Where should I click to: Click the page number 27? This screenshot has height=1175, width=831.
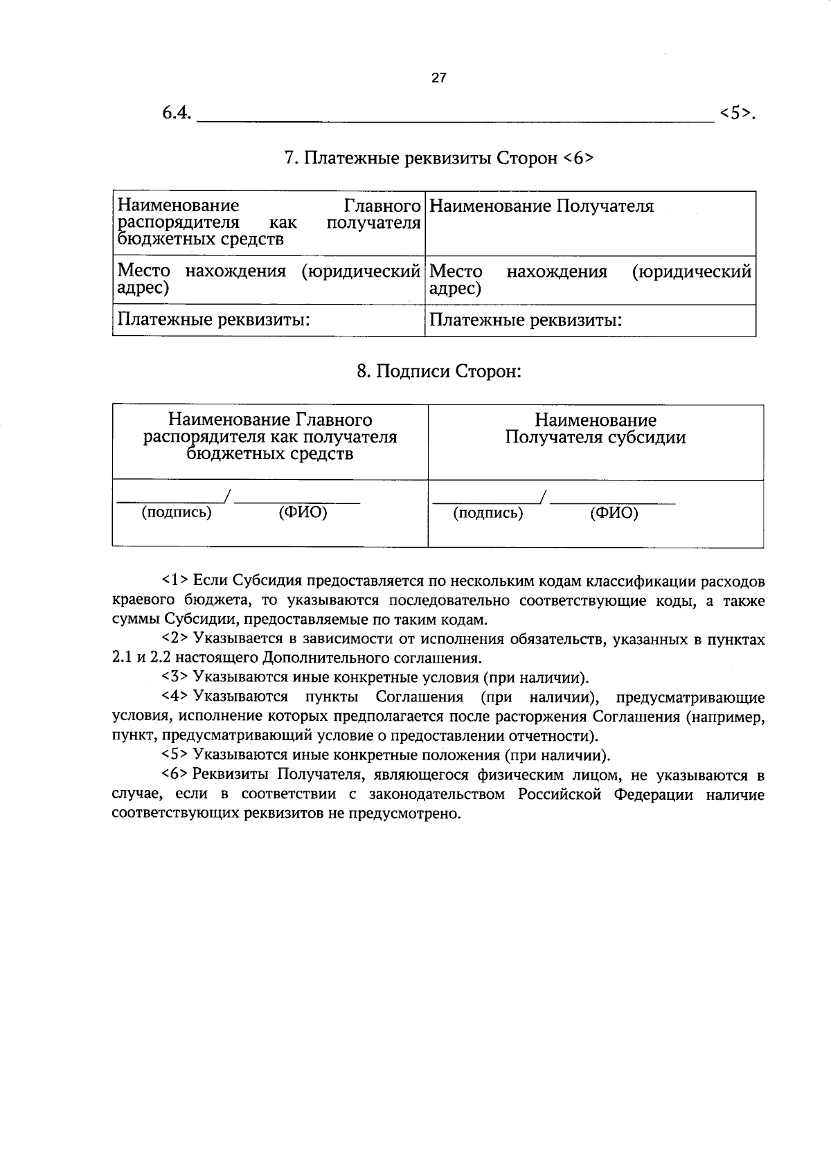[x=439, y=78]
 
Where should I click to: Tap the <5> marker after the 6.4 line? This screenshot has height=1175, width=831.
[x=736, y=114]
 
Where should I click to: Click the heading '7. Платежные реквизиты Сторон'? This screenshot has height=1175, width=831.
[x=439, y=159]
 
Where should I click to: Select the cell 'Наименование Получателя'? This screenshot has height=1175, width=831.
[x=542, y=206]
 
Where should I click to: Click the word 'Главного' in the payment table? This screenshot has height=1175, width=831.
[x=382, y=206]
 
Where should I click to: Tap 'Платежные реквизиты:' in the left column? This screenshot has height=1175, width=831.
[x=213, y=320]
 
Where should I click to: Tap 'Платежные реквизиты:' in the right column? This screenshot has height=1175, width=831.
[x=526, y=321]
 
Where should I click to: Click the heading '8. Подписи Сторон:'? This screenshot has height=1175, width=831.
[x=438, y=372]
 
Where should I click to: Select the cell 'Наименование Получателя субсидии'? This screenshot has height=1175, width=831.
[x=595, y=429]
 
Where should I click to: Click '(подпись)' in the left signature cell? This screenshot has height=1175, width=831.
[x=177, y=513]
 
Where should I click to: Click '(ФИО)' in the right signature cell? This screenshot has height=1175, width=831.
[x=614, y=513]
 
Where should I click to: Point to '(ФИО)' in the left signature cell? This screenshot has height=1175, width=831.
[x=303, y=513]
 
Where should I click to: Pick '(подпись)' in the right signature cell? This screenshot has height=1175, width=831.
[x=488, y=513]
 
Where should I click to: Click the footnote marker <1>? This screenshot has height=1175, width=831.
[x=175, y=580]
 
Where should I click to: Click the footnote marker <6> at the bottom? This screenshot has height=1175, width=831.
[x=175, y=774]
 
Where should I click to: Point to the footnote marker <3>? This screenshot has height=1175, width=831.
[x=175, y=677]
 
